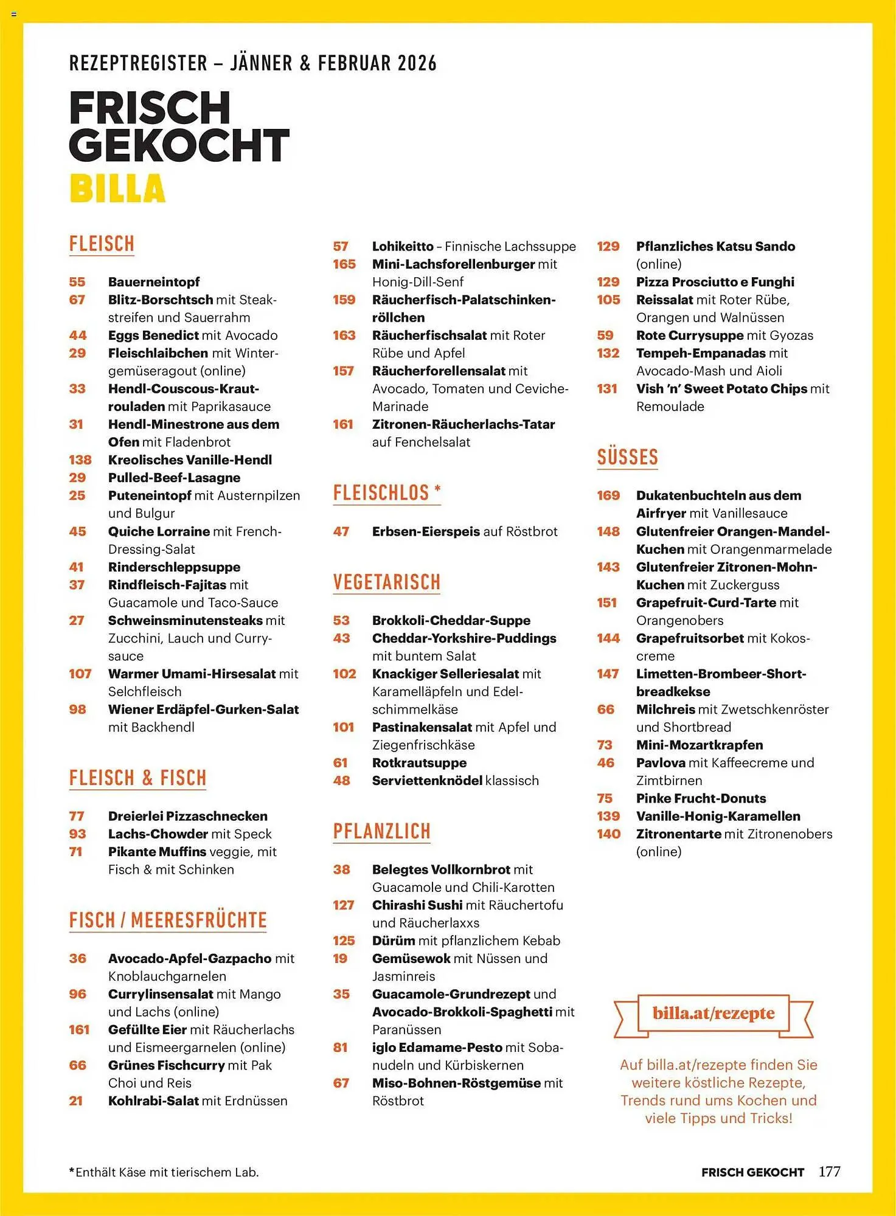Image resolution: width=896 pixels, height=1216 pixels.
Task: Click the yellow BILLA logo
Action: (117, 188)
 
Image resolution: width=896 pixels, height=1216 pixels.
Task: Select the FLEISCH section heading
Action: (102, 244)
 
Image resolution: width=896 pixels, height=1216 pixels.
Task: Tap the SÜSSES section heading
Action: (627, 457)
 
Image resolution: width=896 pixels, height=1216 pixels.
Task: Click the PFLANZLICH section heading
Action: (381, 831)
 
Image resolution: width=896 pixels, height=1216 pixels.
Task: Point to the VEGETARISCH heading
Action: (386, 582)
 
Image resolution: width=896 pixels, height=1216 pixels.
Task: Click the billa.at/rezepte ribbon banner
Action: (714, 1014)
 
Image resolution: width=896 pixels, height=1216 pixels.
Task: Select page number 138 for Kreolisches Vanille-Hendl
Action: (80, 460)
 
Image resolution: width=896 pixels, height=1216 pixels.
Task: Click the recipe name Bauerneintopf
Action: (154, 282)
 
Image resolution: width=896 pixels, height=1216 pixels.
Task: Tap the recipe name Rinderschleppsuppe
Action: (174, 567)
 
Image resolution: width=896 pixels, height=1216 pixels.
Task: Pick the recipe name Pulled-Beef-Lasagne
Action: (174, 478)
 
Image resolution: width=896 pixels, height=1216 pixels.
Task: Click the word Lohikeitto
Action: (403, 246)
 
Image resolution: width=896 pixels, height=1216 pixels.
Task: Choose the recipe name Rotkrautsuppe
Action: (419, 763)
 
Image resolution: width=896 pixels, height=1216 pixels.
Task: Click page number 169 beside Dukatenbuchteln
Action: (608, 496)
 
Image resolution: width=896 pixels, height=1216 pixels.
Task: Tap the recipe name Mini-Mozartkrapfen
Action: (700, 745)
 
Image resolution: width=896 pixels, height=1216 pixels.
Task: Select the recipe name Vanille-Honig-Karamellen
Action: (718, 816)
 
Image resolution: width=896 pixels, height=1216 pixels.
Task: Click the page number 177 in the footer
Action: (829, 1172)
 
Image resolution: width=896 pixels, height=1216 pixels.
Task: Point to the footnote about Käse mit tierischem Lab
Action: (164, 1172)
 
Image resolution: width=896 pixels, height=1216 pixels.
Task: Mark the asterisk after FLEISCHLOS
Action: (437, 488)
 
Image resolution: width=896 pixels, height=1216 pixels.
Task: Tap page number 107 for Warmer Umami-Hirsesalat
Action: (80, 674)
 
